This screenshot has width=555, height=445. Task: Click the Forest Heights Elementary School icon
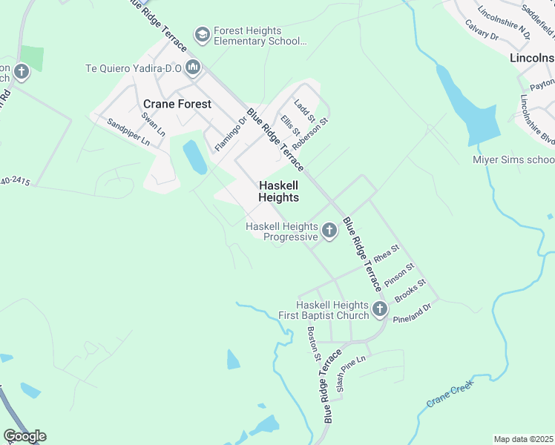202,34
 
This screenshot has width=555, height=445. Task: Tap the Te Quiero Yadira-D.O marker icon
194,68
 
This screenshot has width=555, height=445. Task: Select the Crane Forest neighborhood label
177,105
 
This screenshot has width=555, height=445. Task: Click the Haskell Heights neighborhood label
278,191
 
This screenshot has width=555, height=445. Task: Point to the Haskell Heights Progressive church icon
329,232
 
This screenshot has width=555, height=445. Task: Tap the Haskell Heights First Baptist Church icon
380,309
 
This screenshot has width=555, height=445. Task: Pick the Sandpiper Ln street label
128,131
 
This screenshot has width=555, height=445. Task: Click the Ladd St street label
305,111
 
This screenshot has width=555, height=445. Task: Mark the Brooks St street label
410,290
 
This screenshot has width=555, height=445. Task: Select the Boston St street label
313,344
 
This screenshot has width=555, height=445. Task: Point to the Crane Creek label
450,396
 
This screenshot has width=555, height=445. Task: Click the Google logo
24,436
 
